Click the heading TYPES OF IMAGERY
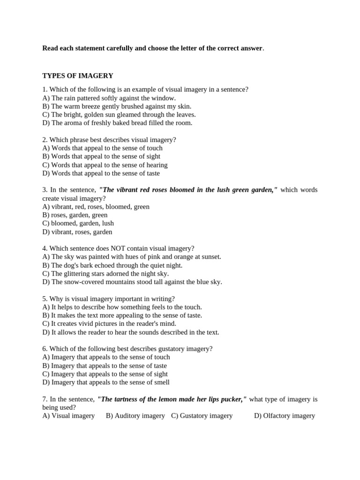[x=78, y=75]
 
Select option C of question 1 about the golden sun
[x=119, y=114]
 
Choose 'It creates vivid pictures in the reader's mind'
[x=109, y=324]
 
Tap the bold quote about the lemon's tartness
[x=172, y=399]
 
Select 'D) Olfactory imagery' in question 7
[x=285, y=416]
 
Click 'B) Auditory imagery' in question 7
[x=135, y=416]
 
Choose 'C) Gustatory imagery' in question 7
[x=202, y=416]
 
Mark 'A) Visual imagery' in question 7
[x=68, y=416]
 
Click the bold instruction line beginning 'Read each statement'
[x=152, y=48]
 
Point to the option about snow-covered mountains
[x=132, y=282]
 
